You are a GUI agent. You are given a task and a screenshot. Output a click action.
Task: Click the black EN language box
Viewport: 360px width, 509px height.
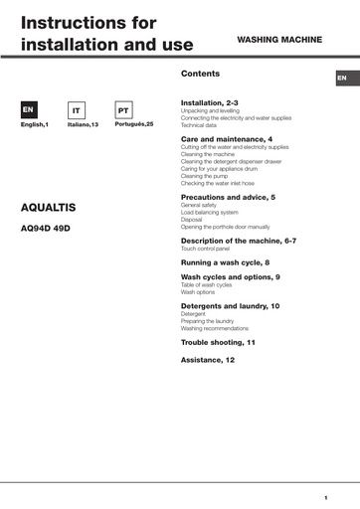pyautogui.click(x=30, y=110)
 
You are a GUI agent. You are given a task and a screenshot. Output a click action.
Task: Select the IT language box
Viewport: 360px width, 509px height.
pyautogui.click(x=77, y=111)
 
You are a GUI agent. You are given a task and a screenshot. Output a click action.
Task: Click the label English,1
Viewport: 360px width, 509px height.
pyautogui.click(x=34, y=126)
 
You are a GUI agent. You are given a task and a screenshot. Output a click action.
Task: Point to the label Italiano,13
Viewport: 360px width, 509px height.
pyautogui.click(x=81, y=126)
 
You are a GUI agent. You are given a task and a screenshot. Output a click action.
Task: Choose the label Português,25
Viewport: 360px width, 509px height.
pyautogui.click(x=124, y=126)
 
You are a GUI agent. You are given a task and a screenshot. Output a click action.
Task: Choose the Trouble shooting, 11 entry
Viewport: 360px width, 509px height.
pyautogui.click(x=218, y=341)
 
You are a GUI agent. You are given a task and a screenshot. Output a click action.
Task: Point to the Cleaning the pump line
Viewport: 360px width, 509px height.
pyautogui.click(x=205, y=176)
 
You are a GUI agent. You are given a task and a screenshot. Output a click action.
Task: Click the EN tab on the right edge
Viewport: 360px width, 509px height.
pyautogui.click(x=342, y=78)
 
